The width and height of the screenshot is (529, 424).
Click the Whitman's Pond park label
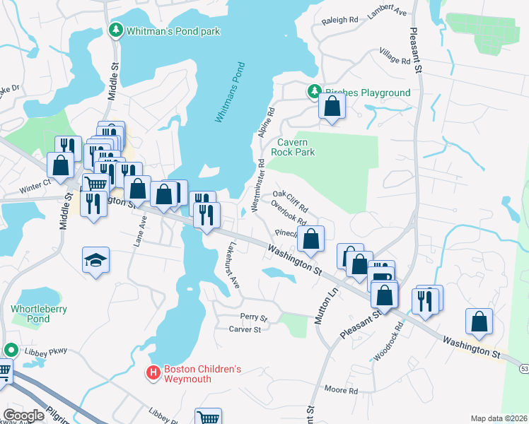[x=173, y=31]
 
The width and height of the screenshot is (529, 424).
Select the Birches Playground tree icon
[x=313, y=91]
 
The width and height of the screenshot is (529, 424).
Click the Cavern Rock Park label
[x=292, y=147]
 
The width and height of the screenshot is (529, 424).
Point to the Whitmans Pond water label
[x=230, y=93]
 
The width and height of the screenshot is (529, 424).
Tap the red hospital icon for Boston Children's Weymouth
[x=152, y=373]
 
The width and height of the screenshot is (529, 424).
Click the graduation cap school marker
[x=95, y=260]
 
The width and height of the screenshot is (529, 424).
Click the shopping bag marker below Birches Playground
[x=332, y=107]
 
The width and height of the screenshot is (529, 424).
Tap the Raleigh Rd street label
[x=339, y=20]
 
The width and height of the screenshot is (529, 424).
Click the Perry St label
[x=253, y=317]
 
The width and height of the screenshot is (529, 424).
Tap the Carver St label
[x=245, y=329]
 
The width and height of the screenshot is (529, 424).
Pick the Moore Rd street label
[x=341, y=390]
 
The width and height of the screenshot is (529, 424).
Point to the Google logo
[x=23, y=416]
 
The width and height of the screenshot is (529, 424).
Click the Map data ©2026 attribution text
[x=499, y=418]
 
